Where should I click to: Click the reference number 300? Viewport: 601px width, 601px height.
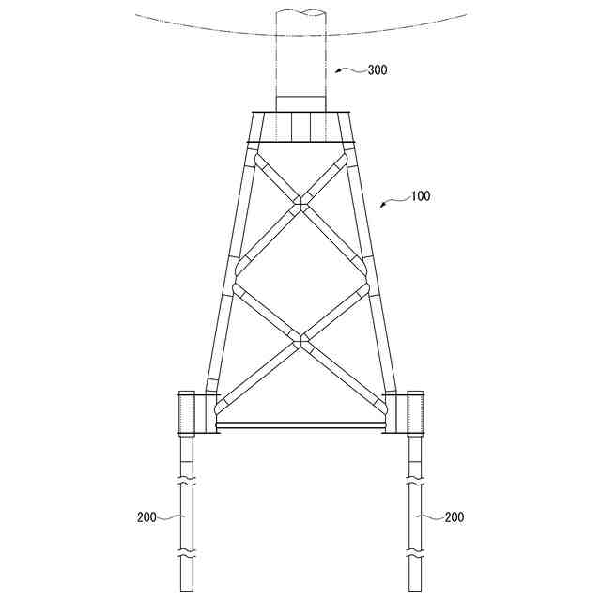point(378,70)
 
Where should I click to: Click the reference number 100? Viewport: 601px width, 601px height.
point(421,196)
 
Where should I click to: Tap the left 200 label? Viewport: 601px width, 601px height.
point(146,517)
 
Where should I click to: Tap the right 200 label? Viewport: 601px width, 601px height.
point(455,517)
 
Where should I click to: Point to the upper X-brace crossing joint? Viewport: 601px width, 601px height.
point(300,203)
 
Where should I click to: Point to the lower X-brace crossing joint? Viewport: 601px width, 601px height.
point(300,339)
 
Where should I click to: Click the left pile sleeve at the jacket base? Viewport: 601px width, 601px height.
point(187,413)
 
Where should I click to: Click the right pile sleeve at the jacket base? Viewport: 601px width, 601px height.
point(415,413)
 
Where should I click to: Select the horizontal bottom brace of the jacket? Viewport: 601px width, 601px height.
point(300,425)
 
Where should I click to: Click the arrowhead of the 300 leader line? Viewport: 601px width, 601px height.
point(338,71)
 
